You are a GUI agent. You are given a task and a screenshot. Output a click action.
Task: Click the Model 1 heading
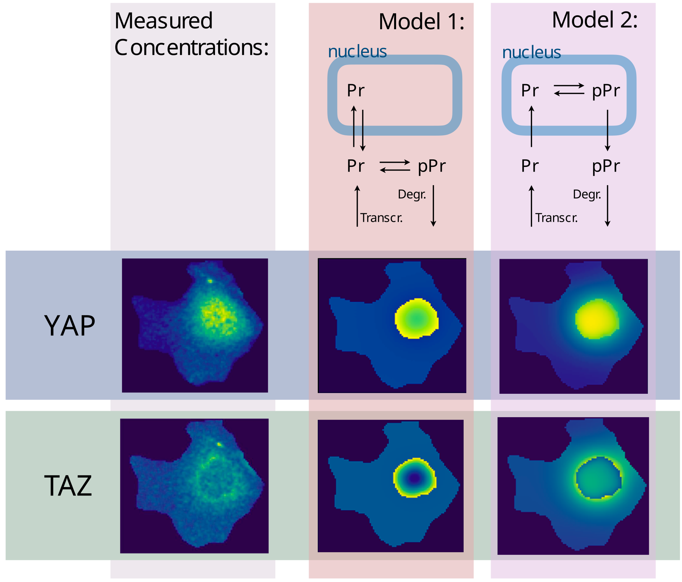tap(421, 22)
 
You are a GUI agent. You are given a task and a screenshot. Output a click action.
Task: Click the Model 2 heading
tap(595, 20)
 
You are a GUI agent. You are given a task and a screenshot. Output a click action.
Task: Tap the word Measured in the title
tap(163, 21)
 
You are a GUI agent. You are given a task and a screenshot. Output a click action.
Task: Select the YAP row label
tap(70, 326)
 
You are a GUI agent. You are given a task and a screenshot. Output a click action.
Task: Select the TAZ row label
tap(68, 486)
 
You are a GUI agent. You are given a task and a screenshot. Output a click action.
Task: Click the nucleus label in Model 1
tap(357, 52)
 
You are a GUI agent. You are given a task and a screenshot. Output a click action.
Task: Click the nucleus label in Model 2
tap(531, 52)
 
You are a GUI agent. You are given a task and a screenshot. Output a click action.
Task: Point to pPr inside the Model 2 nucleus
tap(606, 91)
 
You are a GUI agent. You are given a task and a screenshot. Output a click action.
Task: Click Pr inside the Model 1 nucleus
tap(356, 91)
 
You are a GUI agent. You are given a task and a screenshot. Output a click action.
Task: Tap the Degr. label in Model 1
tap(412, 194)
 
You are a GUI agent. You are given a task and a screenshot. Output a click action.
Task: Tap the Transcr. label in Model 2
tap(556, 218)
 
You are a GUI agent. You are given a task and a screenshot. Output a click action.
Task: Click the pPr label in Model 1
tap(431, 166)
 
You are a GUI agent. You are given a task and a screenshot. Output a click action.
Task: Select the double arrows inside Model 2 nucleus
tap(569, 90)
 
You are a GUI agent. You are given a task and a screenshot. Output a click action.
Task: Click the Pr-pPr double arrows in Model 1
tap(395, 166)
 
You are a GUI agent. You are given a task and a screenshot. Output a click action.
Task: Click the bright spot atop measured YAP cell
tap(210, 281)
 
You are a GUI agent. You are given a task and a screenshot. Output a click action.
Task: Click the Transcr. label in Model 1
tap(381, 218)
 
